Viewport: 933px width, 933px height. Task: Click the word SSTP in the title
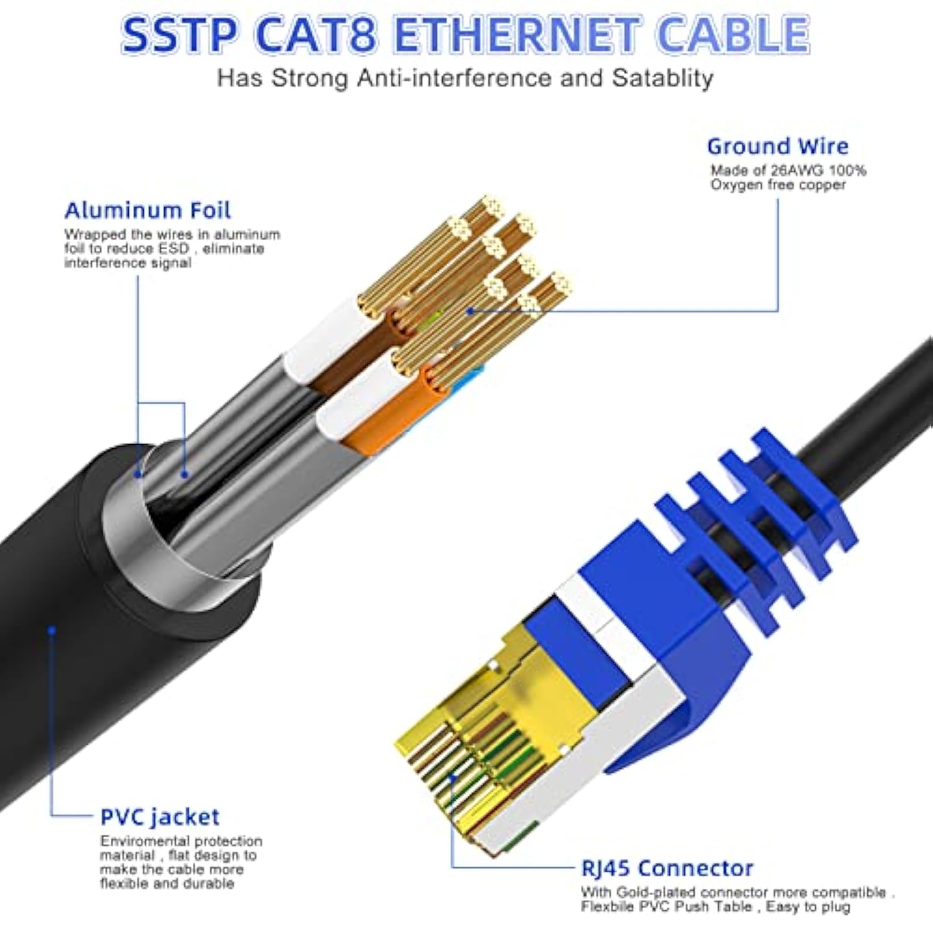point(179,35)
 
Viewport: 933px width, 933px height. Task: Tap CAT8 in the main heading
point(316,35)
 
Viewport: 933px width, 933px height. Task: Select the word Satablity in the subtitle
point(662,78)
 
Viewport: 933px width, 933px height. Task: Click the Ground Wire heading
point(777,147)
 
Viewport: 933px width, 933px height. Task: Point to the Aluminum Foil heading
point(147,211)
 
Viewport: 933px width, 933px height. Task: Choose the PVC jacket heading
point(160,817)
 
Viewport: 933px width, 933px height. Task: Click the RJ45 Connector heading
point(667,868)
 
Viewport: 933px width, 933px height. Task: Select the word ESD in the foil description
point(173,249)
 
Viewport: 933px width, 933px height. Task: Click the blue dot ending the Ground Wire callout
point(471,310)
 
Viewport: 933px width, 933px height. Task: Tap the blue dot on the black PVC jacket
point(52,630)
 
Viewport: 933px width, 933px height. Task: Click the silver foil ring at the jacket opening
point(143,547)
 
